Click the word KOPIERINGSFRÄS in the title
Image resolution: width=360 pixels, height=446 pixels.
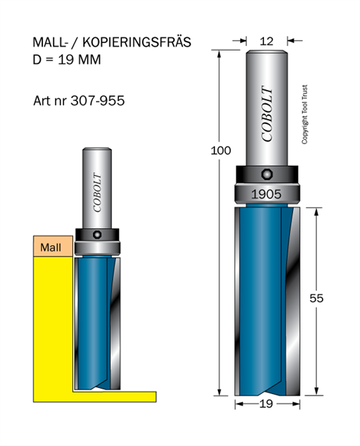137,42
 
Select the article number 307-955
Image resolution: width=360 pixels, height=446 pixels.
97,100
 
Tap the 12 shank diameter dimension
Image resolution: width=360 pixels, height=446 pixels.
266,41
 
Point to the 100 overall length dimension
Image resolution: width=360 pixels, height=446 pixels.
221,150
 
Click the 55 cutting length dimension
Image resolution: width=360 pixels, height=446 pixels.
316,298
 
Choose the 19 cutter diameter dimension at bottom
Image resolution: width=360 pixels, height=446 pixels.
266,404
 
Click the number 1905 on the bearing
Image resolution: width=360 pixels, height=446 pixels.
266,194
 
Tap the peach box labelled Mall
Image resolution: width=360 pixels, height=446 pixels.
53,246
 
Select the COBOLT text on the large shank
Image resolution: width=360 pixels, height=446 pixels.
268,114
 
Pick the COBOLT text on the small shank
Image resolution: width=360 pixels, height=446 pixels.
97,193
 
